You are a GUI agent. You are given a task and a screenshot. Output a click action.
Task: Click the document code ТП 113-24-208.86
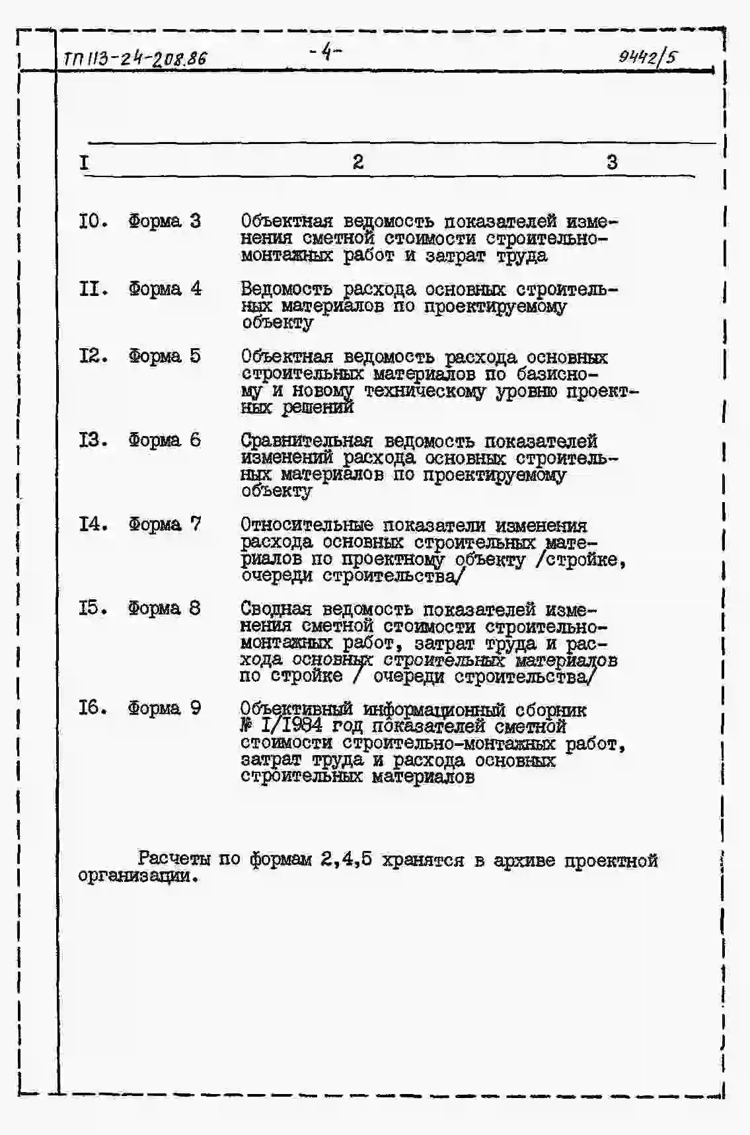pyautogui.click(x=135, y=58)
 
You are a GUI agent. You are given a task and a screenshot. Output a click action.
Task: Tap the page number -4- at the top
pyautogui.click(x=326, y=51)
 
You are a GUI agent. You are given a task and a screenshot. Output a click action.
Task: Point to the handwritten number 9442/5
pyautogui.click(x=648, y=57)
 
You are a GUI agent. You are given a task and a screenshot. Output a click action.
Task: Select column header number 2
pyautogui.click(x=357, y=162)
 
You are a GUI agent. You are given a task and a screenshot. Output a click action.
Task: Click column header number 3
pyautogui.click(x=612, y=162)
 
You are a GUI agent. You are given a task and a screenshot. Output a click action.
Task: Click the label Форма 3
pyautogui.click(x=165, y=221)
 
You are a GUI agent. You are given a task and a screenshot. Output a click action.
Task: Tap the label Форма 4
pyautogui.click(x=165, y=289)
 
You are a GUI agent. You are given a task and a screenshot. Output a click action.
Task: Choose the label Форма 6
pyautogui.click(x=165, y=440)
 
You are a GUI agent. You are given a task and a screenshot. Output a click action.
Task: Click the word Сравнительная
pyautogui.click(x=307, y=441)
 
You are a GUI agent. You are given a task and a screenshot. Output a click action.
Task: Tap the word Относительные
pyautogui.click(x=306, y=525)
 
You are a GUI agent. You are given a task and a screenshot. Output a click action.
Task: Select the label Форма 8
pyautogui.click(x=165, y=608)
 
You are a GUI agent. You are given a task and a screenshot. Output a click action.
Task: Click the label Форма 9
pyautogui.click(x=165, y=708)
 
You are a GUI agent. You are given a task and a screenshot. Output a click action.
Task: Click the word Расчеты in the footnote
pyautogui.click(x=174, y=860)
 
